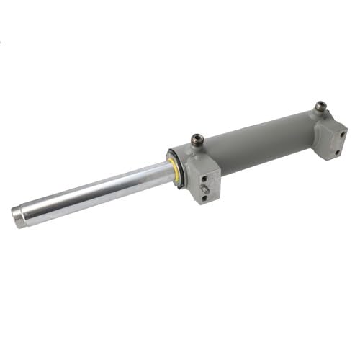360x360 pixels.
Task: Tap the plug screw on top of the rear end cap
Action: click(320, 107)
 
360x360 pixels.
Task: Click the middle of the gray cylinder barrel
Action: click(256, 144)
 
